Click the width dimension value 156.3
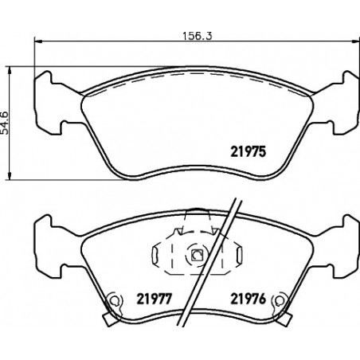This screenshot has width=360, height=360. (198, 36)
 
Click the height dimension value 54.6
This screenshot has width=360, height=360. (5, 123)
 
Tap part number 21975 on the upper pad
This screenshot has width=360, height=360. (248, 152)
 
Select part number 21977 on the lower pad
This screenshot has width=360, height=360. (155, 299)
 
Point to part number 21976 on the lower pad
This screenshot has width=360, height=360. (248, 299)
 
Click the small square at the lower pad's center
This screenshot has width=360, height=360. (197, 255)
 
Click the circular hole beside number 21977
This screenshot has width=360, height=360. (114, 300)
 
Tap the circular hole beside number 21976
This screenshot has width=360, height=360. (279, 300)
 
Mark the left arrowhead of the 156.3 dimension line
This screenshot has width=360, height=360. (38, 41)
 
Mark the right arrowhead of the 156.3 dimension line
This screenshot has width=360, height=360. (356, 41)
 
